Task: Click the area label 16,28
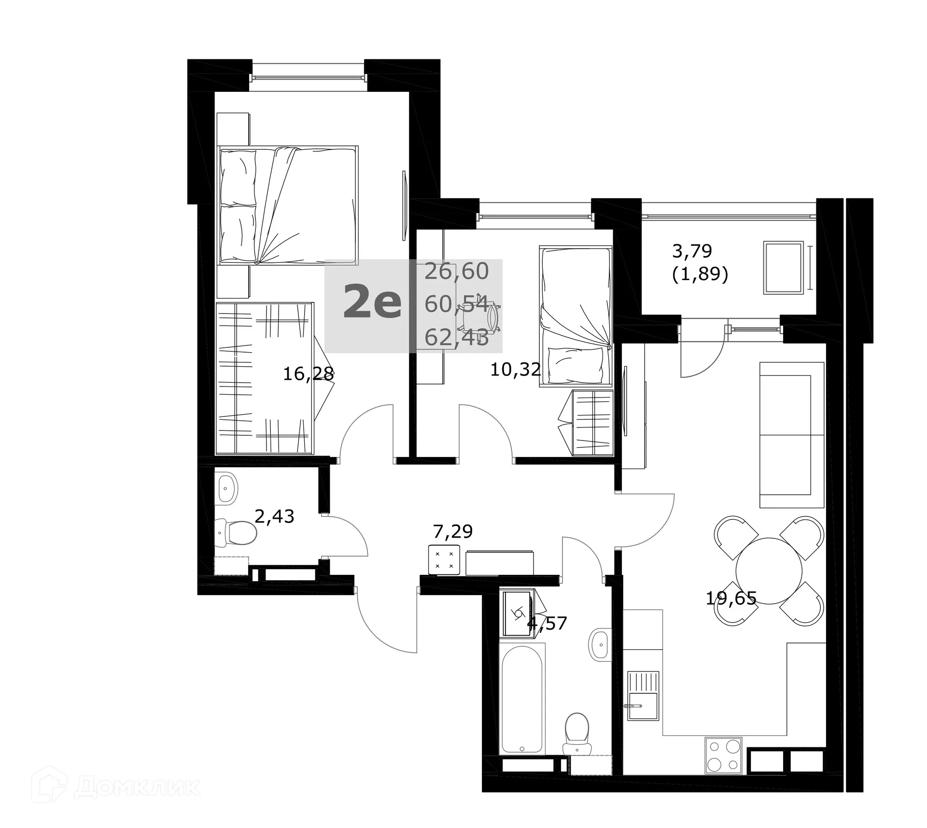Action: pyautogui.click(x=308, y=374)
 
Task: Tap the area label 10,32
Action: pyautogui.click(x=515, y=370)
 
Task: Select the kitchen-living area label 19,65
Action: pyautogui.click(x=730, y=599)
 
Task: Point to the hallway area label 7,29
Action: pyautogui.click(x=452, y=532)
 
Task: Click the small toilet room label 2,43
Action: pyautogui.click(x=274, y=517)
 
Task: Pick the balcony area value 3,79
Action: pyautogui.click(x=692, y=251)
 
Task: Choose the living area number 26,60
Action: pyautogui.click(x=456, y=271)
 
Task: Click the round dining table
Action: pyautogui.click(x=769, y=571)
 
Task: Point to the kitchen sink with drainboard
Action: pyautogui.click(x=643, y=696)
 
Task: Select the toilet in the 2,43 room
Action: pyautogui.click(x=236, y=532)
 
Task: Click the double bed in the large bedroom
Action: pyautogui.click(x=288, y=205)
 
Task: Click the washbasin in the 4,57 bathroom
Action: pyautogui.click(x=599, y=644)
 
